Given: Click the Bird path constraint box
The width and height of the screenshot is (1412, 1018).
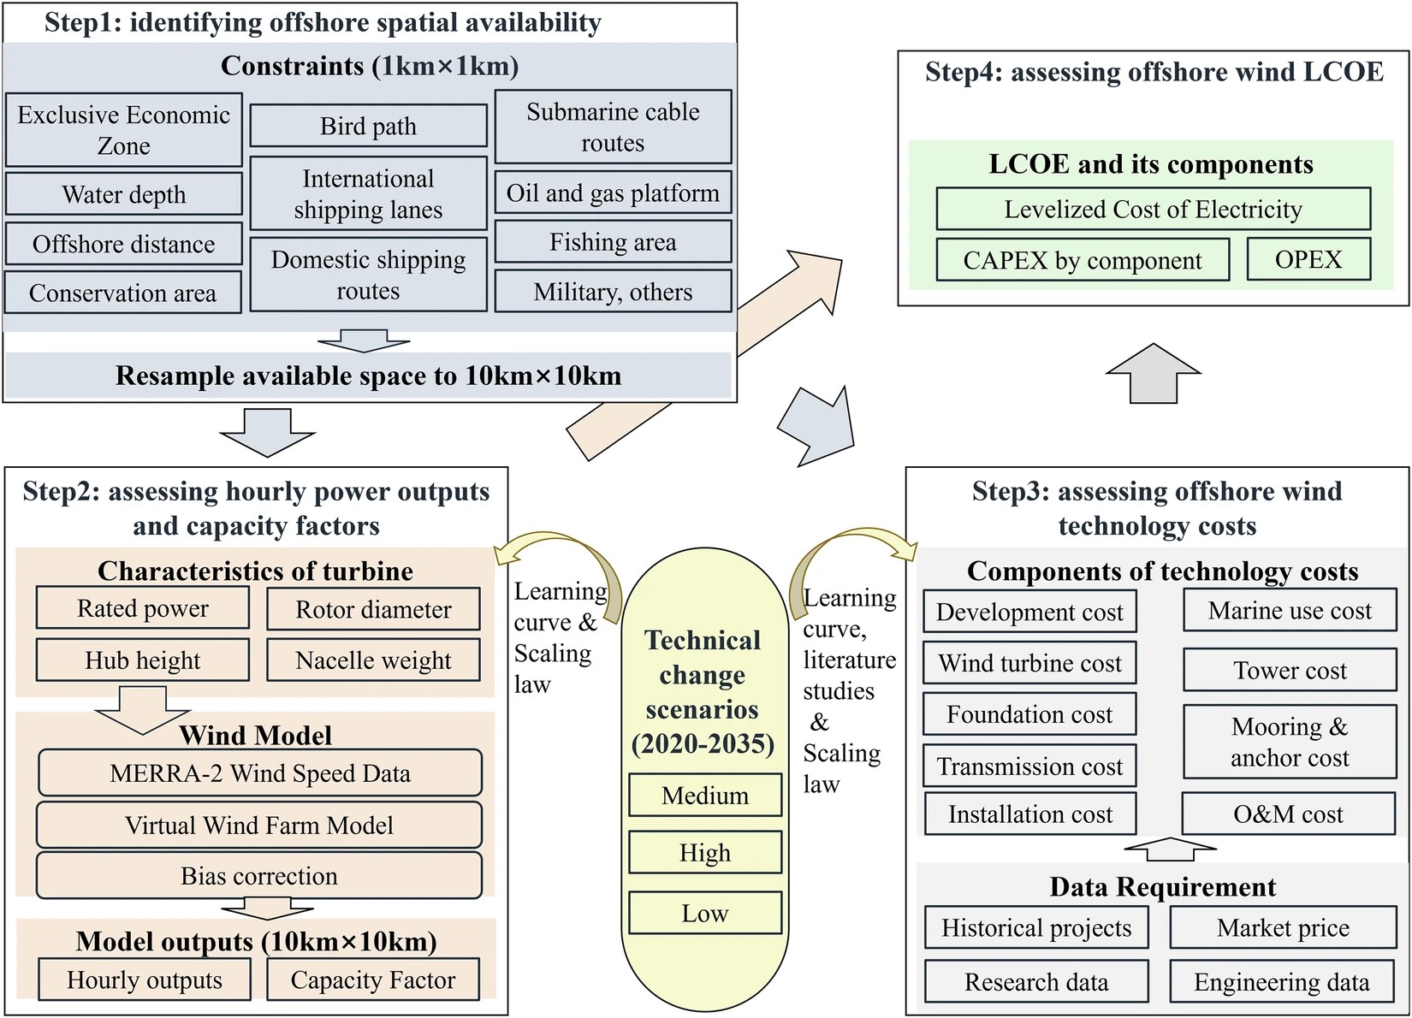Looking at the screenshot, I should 368,126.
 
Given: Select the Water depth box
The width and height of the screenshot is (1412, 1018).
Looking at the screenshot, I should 124,194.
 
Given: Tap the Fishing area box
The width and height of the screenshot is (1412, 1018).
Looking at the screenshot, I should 613,242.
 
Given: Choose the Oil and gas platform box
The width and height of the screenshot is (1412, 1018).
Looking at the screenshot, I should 613,192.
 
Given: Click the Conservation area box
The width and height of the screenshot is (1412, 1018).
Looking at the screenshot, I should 123,293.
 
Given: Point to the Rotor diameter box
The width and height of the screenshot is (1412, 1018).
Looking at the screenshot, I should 373,609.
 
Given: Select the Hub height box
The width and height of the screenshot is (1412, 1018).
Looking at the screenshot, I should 143,660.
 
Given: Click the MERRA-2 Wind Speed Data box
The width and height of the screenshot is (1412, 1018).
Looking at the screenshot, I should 259,773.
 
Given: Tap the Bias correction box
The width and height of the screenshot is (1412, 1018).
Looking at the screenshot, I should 259,876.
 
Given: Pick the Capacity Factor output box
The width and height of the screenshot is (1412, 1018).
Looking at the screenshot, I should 373,980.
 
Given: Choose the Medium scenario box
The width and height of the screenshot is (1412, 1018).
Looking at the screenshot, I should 705,796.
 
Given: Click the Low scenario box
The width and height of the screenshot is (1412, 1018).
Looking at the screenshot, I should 705,913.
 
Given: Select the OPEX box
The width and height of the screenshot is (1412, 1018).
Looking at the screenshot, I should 1308,259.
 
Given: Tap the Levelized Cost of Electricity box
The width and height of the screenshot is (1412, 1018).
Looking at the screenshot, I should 1153,209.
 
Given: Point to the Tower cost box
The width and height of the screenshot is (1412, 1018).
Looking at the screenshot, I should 1290,670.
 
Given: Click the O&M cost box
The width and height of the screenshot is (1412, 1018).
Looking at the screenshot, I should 1289,814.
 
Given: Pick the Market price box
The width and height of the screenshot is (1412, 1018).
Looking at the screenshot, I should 1283,927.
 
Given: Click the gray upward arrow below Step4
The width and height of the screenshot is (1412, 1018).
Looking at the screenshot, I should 1154,373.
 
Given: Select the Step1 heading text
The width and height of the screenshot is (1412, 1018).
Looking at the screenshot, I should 323,21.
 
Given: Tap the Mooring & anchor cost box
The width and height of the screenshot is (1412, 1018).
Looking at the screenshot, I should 1290,742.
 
